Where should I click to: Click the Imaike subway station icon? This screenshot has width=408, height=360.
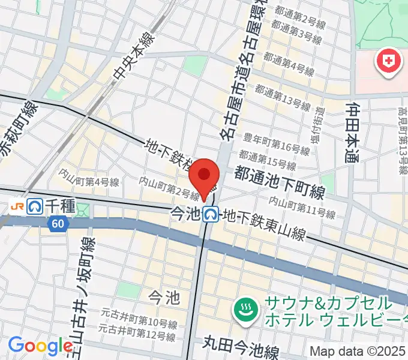pos(210,214)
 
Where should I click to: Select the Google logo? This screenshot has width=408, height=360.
pos(40,346)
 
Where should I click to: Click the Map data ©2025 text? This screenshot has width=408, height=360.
pos(358,351)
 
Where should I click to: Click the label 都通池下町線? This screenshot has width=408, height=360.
pos(279,182)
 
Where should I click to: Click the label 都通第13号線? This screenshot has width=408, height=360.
pos(282,98)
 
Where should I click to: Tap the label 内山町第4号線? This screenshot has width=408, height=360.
pos(88,178)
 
